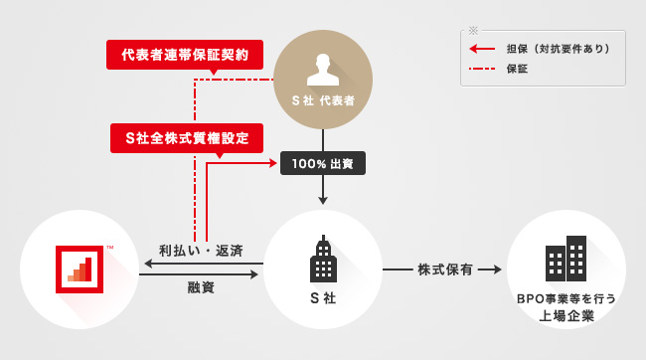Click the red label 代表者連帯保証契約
[x=185, y=55]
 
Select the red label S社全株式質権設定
[x=187, y=138]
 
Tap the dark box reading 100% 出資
[x=323, y=163]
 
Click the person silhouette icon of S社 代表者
[x=323, y=70]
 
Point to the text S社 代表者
[x=323, y=100]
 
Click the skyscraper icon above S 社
[x=323, y=259]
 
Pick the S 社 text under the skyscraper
[x=323, y=298]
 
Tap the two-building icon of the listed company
[x=565, y=259]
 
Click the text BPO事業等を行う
[x=566, y=298]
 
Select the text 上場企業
[x=566, y=316]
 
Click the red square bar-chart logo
[x=80, y=270]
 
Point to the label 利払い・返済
[x=201, y=251]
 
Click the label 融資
[x=201, y=287]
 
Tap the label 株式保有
[x=445, y=270]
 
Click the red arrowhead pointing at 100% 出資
[x=273, y=163]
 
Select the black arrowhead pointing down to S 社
[x=323, y=201]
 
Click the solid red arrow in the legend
[x=482, y=49]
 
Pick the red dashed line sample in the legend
[x=482, y=69]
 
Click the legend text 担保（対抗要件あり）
[x=559, y=49]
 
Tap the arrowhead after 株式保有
[x=497, y=270]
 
